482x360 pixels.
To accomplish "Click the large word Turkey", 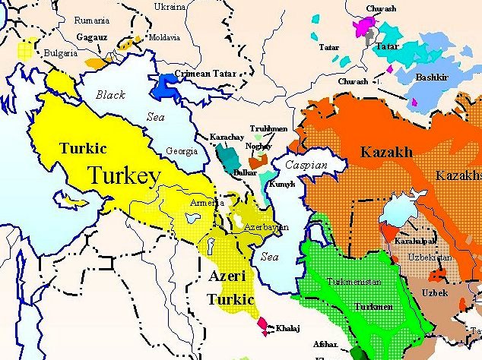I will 125,176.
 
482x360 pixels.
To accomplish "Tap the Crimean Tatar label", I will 205,74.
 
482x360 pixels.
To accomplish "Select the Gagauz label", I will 91,36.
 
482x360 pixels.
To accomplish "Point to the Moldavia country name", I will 164,37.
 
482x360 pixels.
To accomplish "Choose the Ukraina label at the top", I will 170,7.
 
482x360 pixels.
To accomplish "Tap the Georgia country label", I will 182,150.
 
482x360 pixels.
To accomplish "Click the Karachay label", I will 227,137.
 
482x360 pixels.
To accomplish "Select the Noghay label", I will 258,145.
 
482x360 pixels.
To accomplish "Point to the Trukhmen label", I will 269,129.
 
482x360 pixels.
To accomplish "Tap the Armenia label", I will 207,203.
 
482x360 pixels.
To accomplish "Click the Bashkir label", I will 430,77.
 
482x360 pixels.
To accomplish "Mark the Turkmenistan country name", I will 352,281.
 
